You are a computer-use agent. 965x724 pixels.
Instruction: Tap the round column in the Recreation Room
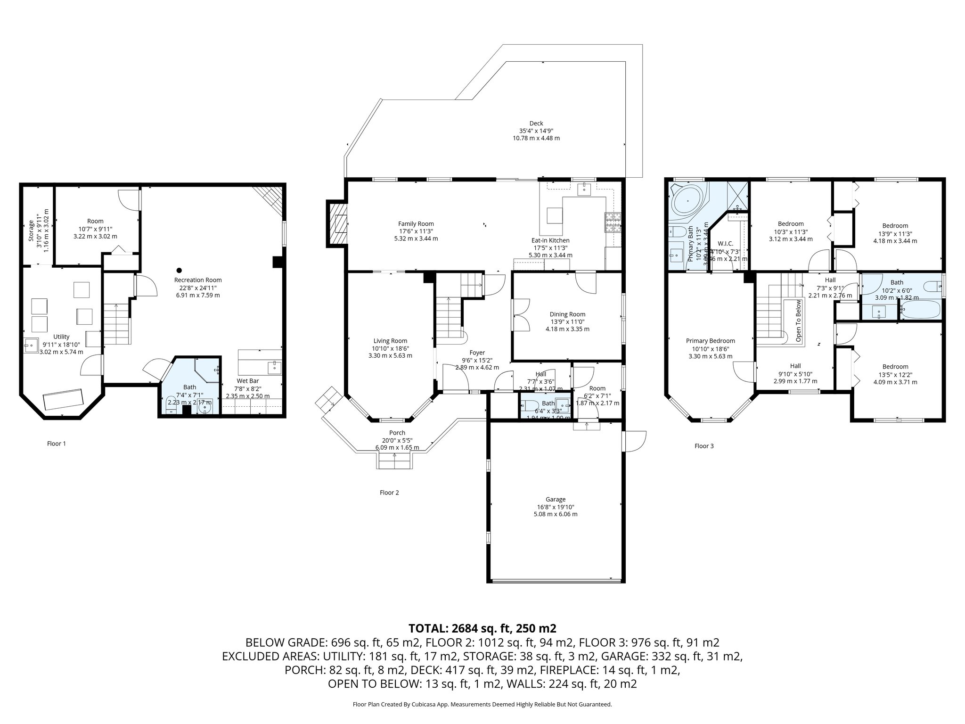(x=179, y=270)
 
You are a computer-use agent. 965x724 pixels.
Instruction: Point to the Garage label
(x=556, y=499)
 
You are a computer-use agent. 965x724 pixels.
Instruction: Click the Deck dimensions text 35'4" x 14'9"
(x=536, y=131)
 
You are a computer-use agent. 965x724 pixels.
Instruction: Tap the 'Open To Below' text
(x=798, y=321)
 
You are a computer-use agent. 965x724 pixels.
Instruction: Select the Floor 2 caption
(x=389, y=493)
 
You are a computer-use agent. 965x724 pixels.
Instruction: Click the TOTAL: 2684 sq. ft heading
(x=482, y=628)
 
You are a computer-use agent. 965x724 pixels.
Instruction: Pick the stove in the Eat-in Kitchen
(x=613, y=223)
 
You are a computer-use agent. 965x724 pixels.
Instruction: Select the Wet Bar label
(x=247, y=381)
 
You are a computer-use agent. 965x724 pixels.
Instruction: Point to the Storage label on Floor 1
(x=31, y=230)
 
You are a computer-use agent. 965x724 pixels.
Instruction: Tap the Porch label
(x=397, y=433)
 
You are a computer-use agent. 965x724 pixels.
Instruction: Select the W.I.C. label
(x=725, y=244)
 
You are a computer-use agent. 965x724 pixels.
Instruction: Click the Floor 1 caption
(x=57, y=444)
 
